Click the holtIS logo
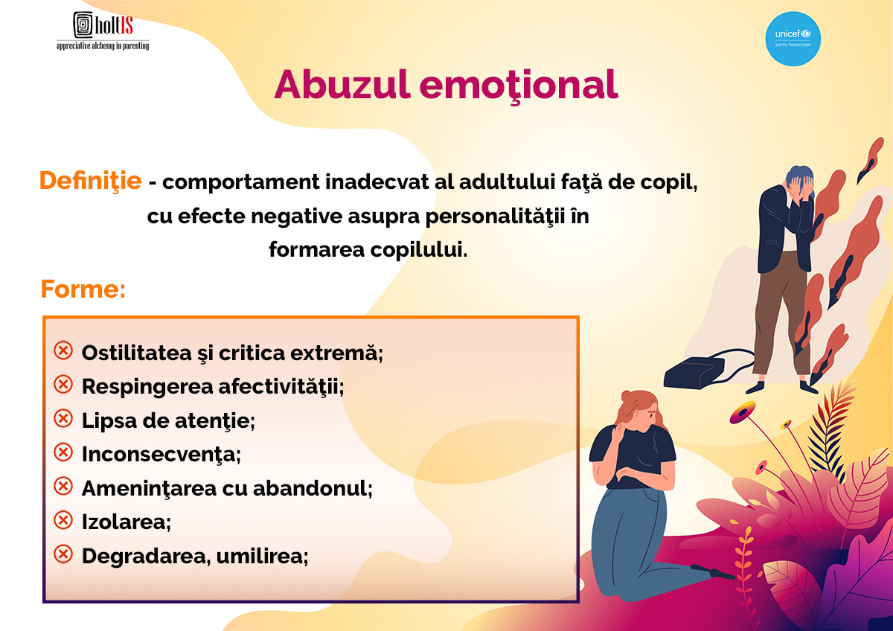tap(103, 31)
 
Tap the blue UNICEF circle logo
tap(793, 39)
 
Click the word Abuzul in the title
tap(342, 85)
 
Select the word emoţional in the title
tap(519, 86)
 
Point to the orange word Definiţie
tap(91, 181)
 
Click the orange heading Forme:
tap(83, 289)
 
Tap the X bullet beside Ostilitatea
tap(63, 350)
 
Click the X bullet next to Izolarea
tap(63, 520)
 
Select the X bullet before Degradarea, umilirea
tap(63, 554)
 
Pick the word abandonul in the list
tap(313, 488)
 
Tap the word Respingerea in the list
tap(147, 387)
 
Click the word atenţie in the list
tap(215, 421)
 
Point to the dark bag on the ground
tap(694, 372)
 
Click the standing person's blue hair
tap(799, 175)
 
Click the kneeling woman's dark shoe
tap(713, 572)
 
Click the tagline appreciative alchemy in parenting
tap(103, 46)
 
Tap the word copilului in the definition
tap(419, 251)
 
